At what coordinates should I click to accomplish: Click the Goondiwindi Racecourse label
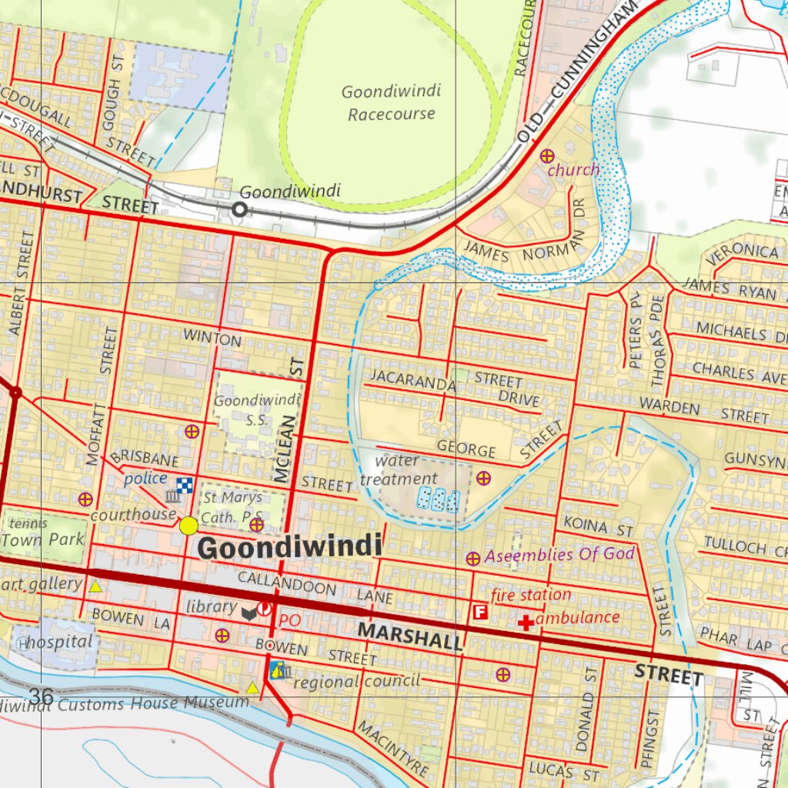tap(391, 103)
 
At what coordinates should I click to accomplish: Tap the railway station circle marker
tap(240, 209)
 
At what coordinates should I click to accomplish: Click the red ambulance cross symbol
tap(526, 622)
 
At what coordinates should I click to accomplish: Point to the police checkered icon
tap(185, 485)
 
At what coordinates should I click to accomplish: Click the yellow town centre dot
tap(189, 526)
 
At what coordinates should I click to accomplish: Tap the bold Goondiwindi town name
tap(289, 548)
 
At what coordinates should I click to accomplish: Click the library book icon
tap(249, 613)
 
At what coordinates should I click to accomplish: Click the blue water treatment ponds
tap(439, 499)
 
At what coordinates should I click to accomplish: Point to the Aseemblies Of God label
tap(559, 554)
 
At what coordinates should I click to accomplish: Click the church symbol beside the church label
tap(547, 156)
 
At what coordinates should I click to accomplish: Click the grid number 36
tap(41, 697)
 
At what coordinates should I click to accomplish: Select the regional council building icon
tap(277, 669)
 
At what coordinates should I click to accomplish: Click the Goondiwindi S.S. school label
tap(256, 409)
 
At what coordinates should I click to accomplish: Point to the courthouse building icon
tap(172, 497)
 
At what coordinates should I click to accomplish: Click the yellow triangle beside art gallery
tap(95, 587)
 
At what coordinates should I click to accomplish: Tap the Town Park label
tap(43, 539)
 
